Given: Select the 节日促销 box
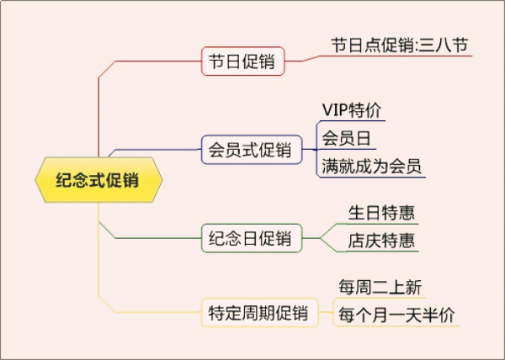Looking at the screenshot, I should coord(242,61).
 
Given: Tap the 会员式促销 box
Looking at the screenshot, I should coord(252,151).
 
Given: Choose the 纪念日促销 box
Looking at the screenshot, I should coord(251,238).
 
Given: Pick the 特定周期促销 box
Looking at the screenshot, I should coord(260,314).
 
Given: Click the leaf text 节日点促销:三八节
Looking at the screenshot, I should coord(399,45).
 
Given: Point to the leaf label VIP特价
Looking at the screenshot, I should coord(352,110).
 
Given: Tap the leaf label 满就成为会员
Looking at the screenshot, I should coord(372,165).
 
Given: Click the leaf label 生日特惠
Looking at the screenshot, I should coord(381,213).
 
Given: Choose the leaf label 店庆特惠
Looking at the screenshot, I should coord(381,241).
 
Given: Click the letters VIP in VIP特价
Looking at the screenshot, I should coord(336,110).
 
